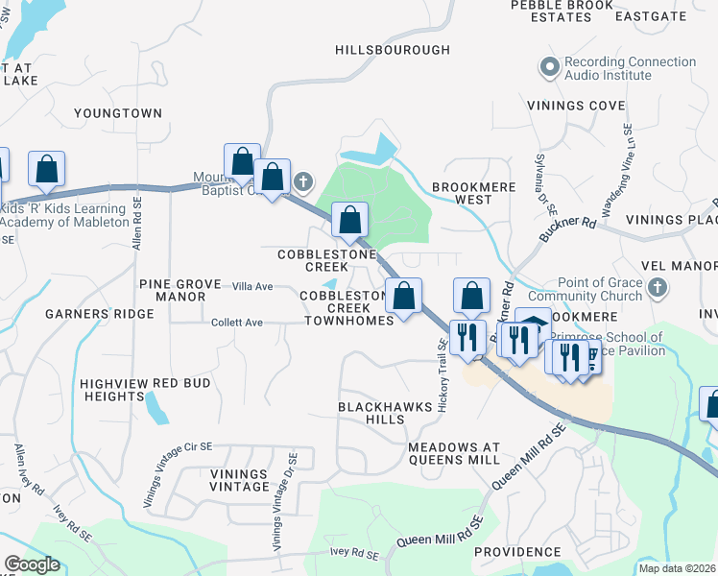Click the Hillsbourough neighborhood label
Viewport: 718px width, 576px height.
[x=393, y=49]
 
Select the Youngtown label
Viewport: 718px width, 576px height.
[x=118, y=113]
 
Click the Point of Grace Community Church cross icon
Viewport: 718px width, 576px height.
[x=657, y=287]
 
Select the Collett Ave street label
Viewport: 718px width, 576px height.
[x=237, y=323]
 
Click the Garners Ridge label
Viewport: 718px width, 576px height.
[x=99, y=314]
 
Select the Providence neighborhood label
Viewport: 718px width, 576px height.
[x=516, y=552]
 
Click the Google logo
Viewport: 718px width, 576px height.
[x=32, y=564]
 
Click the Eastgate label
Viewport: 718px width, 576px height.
[x=678, y=16]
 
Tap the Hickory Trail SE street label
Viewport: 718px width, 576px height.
[x=443, y=376]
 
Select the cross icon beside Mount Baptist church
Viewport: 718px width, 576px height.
[x=303, y=180]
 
